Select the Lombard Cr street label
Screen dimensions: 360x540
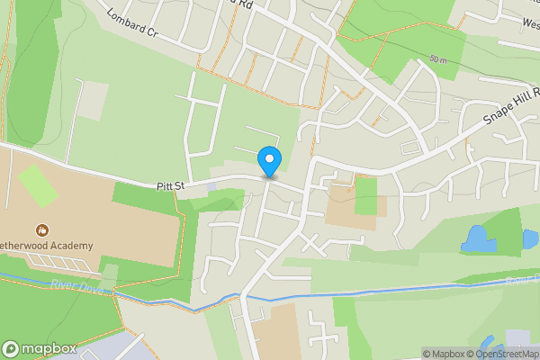pyautogui.click(x=131, y=22)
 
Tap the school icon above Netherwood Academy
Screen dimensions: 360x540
pyautogui.click(x=40, y=230)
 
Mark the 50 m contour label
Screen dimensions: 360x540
pyautogui.click(x=438, y=59)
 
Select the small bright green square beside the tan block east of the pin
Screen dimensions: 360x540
pyautogui.click(x=365, y=196)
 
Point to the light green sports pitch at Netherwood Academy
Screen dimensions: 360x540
pyautogui.click(x=37, y=185)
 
